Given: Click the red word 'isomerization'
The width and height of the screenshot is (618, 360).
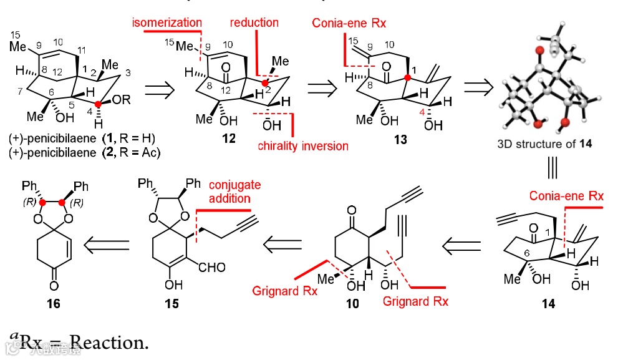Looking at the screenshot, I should click(x=165, y=22).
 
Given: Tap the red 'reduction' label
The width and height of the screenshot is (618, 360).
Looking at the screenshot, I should click(x=254, y=22).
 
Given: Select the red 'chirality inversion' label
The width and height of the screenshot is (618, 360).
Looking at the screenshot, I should click(x=303, y=145).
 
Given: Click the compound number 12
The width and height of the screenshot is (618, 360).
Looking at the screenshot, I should click(x=229, y=138).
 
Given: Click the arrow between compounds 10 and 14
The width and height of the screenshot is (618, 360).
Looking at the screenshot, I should click(x=462, y=245).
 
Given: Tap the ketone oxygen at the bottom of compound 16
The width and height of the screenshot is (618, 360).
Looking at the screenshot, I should click(x=54, y=285).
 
